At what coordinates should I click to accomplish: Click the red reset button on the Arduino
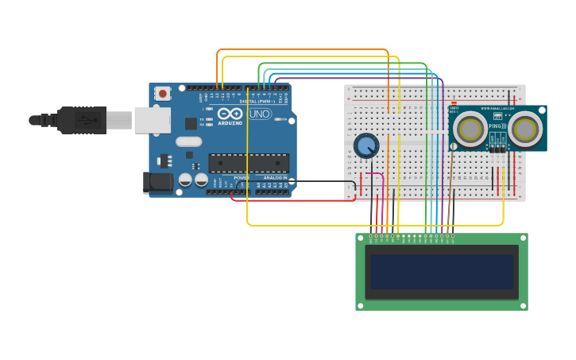[163, 93]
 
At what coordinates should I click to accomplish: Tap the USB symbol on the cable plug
[83, 120]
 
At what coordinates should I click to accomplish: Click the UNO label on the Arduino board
[260, 114]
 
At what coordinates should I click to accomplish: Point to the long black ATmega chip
[248, 163]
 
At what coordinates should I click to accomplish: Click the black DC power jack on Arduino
[158, 183]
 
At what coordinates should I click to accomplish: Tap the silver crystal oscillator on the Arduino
[189, 142]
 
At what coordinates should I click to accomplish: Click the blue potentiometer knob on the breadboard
[366, 146]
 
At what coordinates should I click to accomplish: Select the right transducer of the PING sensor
[524, 129]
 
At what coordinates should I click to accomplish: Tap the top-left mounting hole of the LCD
[361, 238]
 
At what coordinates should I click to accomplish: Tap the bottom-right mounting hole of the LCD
[522, 304]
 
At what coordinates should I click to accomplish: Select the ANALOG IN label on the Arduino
[275, 177]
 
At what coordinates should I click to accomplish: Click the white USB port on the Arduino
[152, 120]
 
